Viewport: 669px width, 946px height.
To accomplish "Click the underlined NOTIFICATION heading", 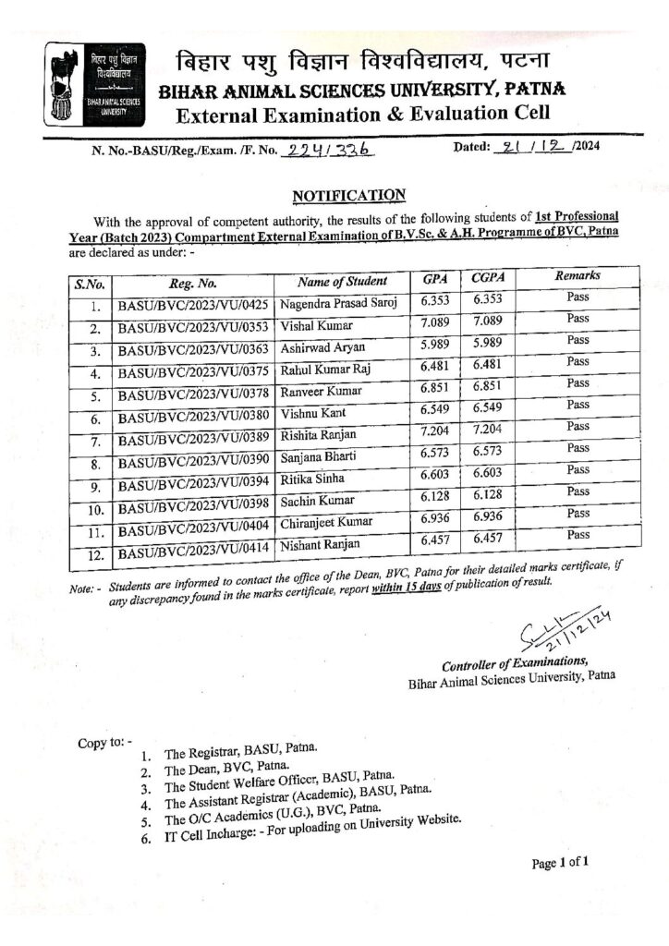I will click(348, 195).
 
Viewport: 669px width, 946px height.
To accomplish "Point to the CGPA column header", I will click(486, 278).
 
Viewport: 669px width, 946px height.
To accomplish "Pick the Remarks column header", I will click(578, 275).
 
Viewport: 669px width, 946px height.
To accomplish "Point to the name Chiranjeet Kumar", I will click(326, 522).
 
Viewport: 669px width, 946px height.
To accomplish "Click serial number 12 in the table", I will click(93, 555).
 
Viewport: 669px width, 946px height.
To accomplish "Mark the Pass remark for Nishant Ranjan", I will click(578, 535).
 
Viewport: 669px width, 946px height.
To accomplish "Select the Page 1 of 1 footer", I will click(560, 863).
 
